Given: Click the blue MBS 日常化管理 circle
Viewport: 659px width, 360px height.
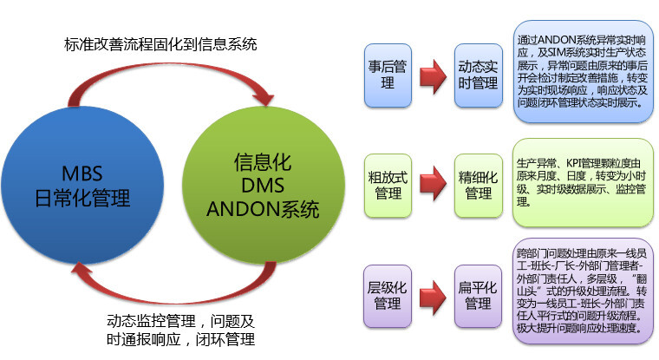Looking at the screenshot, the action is pos(82,185).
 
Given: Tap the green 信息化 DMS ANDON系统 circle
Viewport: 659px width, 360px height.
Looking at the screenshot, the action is pos(264,185).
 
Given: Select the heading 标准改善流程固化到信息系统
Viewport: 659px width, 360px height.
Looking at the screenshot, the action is pos(160,44).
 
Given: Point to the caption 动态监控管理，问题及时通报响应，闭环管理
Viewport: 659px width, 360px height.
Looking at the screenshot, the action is pos(180,331).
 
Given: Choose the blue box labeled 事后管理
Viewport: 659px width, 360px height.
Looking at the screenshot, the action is pos(388,75).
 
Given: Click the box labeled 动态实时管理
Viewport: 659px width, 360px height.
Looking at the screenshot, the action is pos(479,75).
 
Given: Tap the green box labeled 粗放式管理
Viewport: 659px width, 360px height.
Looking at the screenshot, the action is pos(388,186).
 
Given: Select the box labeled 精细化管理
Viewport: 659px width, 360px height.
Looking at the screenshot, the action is pos(479,186).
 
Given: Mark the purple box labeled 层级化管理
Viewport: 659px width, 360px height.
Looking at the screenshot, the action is pos(388,296).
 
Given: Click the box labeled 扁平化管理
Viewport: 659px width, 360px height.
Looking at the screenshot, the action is pos(479,296).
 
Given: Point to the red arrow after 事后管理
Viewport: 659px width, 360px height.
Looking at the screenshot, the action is pos(433,76).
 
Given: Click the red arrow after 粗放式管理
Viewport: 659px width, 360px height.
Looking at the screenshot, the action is pos(433,183).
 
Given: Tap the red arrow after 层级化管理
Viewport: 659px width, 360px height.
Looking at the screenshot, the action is pos(433,298).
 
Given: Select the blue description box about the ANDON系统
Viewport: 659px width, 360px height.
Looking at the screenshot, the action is pos(584,72).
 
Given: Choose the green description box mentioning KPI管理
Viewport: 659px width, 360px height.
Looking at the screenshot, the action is pos(583,183).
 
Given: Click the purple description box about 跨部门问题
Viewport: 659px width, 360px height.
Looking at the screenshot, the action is pos(583,291).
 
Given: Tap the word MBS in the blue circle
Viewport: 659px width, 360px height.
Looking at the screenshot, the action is pos(82,173).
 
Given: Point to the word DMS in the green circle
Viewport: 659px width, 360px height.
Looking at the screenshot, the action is pos(263,186).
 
